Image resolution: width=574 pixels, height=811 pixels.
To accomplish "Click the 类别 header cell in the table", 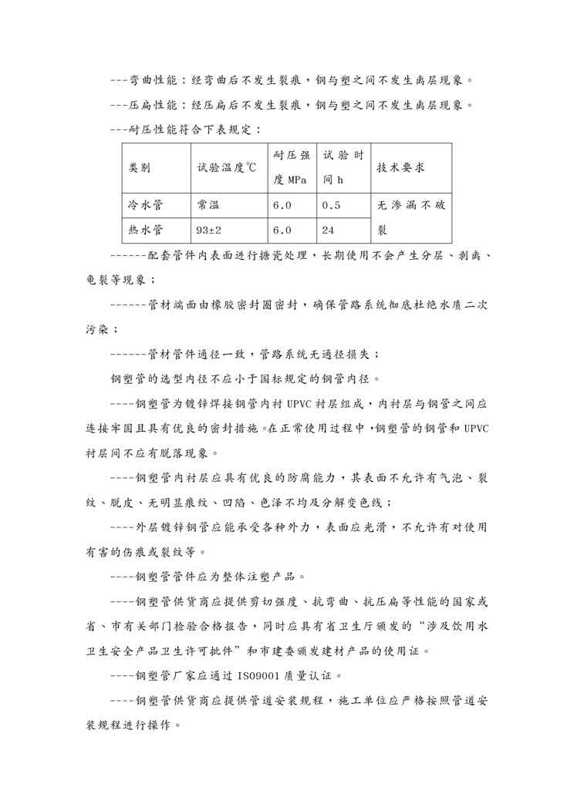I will tap(140, 168).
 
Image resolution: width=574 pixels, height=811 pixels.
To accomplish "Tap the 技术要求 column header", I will tap(400, 168).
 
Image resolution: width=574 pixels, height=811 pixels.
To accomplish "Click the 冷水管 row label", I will tap(146, 206).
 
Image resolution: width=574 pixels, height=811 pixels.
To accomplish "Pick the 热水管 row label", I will tap(146, 230).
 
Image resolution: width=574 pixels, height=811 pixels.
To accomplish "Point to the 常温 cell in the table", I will tap(208, 206).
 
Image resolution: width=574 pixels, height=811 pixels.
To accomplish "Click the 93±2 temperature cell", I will tap(209, 230).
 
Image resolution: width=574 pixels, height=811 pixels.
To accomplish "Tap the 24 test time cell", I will tap(329, 230).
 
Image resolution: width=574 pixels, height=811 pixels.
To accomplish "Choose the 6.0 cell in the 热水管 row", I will tap(282, 230).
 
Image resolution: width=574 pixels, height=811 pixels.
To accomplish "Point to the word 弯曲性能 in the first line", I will tap(153, 81).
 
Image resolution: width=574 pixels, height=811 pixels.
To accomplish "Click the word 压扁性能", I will tap(153, 105).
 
